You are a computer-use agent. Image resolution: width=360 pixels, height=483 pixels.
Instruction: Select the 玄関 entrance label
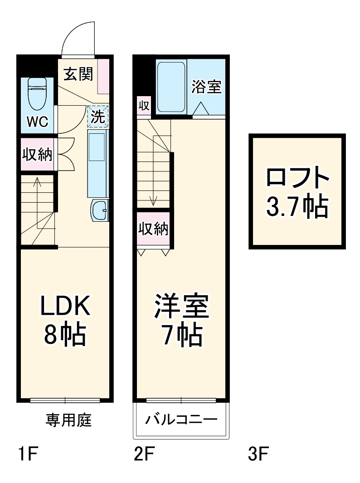78,74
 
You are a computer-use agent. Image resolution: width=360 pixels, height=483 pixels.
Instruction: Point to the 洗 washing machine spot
98,116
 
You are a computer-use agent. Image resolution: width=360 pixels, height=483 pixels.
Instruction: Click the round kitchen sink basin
100,210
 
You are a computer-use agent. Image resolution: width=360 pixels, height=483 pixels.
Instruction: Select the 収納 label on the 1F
37,154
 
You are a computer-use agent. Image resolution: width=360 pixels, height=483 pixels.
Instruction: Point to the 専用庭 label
68,420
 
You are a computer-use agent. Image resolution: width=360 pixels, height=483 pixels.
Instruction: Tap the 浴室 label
206,87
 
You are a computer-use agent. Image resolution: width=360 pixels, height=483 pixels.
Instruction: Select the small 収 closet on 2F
144,106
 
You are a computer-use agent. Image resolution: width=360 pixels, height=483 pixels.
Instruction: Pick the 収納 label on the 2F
153,229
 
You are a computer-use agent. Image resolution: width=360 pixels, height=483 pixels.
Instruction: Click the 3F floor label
259,454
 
